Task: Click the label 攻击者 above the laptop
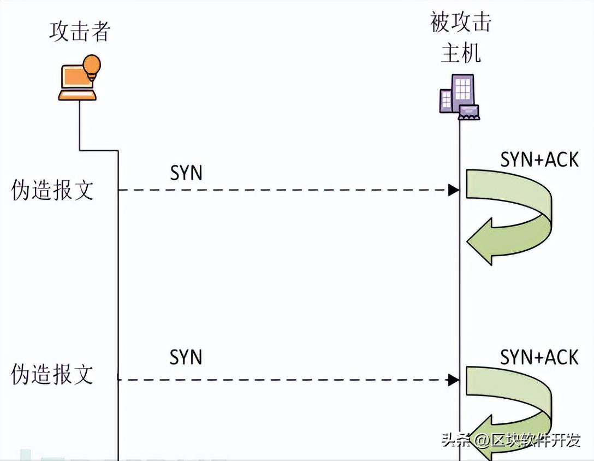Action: point(80,31)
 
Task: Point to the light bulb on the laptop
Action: point(91,64)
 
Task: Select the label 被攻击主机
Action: point(461,38)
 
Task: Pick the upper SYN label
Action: point(186,173)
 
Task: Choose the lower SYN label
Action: point(186,357)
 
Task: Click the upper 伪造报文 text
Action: point(52,191)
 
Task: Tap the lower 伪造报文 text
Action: point(52,375)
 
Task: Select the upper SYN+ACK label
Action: point(539,160)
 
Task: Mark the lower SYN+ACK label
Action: point(539,357)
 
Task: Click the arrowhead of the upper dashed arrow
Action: point(453,190)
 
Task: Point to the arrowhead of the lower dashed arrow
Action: point(453,379)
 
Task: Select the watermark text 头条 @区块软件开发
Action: point(511,440)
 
